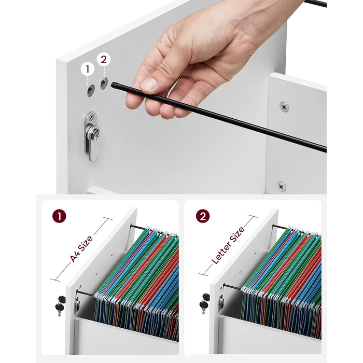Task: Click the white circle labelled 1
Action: [88, 69]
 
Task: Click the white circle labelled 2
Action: [104, 60]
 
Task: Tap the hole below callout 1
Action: [91, 91]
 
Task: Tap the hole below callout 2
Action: [104, 83]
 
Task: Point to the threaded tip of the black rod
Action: [115, 86]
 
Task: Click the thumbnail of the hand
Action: [149, 84]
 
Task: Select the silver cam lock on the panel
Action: [92, 136]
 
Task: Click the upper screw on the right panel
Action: [284, 107]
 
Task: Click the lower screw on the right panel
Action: [282, 186]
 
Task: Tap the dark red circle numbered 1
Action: [59, 216]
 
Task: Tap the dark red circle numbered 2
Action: [203, 216]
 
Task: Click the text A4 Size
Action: [81, 249]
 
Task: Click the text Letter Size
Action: [228, 245]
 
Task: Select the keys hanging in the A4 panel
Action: [60, 305]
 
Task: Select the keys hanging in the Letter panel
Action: [204, 303]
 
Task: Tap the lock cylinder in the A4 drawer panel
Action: [77, 304]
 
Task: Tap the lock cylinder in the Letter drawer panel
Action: [221, 302]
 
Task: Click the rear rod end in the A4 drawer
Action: [132, 226]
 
